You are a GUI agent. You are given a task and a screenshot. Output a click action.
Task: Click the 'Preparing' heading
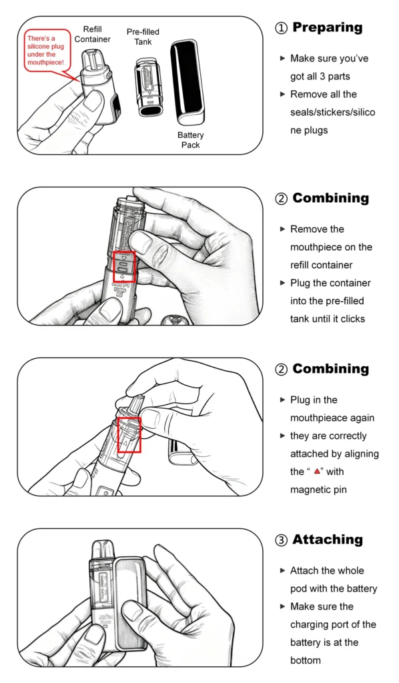pos(327,28)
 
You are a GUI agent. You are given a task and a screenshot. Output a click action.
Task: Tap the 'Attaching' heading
pos(328,540)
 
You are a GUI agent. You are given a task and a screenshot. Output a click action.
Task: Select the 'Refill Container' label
pos(92,35)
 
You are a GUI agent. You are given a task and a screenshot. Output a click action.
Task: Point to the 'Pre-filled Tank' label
pos(143,37)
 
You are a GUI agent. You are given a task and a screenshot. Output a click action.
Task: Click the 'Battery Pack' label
pos(190,140)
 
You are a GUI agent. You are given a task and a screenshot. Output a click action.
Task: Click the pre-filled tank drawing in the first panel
pos(147,87)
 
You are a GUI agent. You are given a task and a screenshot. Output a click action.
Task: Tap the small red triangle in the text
pos(317,472)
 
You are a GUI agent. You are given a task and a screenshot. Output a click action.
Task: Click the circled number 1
pos(282,28)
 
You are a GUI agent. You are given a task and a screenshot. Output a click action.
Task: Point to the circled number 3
pos(282,540)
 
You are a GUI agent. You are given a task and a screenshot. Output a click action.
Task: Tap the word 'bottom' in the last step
pos(306,660)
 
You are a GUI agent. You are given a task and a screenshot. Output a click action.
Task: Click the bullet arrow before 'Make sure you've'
pos(282,58)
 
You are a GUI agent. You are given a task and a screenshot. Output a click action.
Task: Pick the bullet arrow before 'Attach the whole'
pos(282,570)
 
